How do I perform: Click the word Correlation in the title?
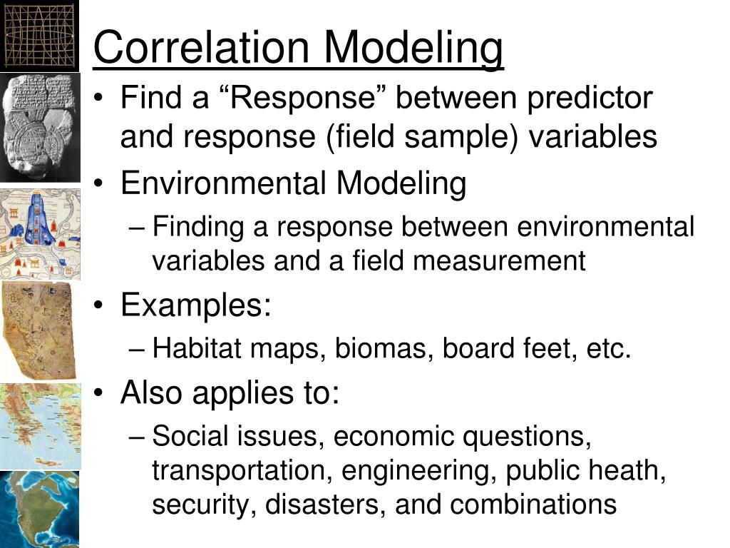pos(202,47)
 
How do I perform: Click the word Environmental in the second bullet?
pos(223,183)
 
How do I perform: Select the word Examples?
pos(196,305)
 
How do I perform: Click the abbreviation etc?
pos(609,348)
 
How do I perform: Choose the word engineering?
pos(418,471)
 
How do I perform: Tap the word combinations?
pos(533,504)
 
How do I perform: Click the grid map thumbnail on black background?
pos(39,36)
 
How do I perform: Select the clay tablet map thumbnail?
pos(40,128)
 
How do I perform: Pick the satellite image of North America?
pos(40,509)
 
